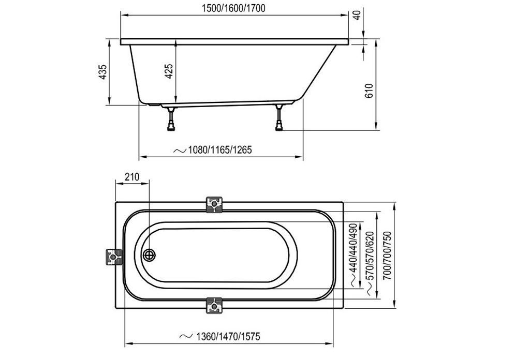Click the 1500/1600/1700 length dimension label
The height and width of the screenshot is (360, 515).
[x=233, y=8]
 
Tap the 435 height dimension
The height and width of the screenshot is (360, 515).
[x=103, y=72]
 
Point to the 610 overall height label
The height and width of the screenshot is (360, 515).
[x=369, y=91]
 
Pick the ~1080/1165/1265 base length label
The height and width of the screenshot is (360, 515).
[x=213, y=150]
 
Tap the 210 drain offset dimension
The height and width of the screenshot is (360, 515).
[x=132, y=177]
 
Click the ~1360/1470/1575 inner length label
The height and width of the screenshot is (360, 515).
[x=220, y=336]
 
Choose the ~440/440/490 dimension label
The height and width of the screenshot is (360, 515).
[x=353, y=253]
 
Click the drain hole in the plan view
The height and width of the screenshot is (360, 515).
[x=150, y=255]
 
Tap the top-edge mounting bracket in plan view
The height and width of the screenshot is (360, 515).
[x=214, y=204]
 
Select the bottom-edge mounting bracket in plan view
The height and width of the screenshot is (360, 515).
[x=214, y=306]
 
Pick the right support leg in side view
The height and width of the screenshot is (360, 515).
[x=279, y=117]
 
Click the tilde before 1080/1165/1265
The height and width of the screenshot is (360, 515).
[x=180, y=151]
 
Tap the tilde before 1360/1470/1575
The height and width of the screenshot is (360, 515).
[x=186, y=336]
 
